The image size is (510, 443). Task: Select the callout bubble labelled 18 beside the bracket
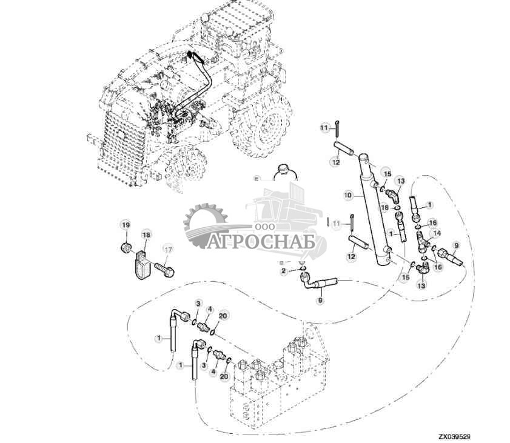pyautogui.click(x=146, y=235)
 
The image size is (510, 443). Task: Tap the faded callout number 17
pyautogui.click(x=168, y=249)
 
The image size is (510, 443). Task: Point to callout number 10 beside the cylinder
pyautogui.click(x=347, y=196)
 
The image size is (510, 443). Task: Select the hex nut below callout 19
pyautogui.click(x=124, y=247)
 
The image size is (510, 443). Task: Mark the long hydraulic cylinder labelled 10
pyautogui.click(x=376, y=209)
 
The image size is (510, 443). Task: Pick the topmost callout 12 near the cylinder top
pyautogui.click(x=335, y=162)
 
